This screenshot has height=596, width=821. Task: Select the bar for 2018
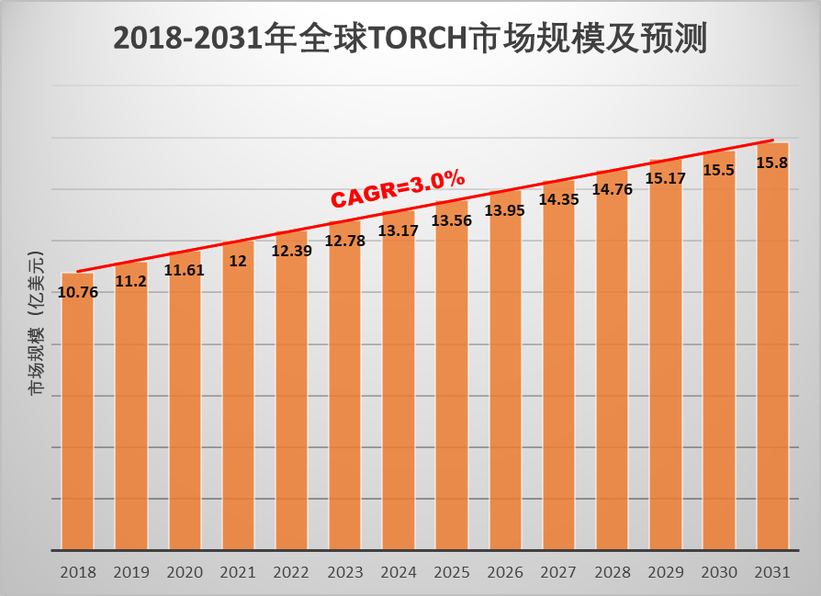coord(77,413)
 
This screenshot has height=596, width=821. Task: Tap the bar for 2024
coord(399,386)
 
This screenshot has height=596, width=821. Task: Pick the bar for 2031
coord(772,349)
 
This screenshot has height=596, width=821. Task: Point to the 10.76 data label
coord(77,292)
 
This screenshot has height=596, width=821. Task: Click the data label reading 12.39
coord(291,251)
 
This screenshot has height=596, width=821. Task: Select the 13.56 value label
coord(452,220)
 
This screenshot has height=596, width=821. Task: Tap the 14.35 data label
coord(558,199)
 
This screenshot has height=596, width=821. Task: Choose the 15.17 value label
coord(666,178)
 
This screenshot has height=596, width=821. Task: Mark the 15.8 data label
coord(771,163)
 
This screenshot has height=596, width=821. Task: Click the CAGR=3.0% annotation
coord(398,187)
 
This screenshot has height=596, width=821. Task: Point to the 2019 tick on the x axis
coord(131,572)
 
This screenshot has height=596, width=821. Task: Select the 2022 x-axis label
coord(291,572)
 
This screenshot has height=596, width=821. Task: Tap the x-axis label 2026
coord(505,572)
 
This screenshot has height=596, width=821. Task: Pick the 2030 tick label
coord(719,572)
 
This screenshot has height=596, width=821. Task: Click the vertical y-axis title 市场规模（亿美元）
coord(36,322)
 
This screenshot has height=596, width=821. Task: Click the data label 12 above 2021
coord(238,261)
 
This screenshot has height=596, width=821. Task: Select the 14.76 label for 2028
coord(612,189)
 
